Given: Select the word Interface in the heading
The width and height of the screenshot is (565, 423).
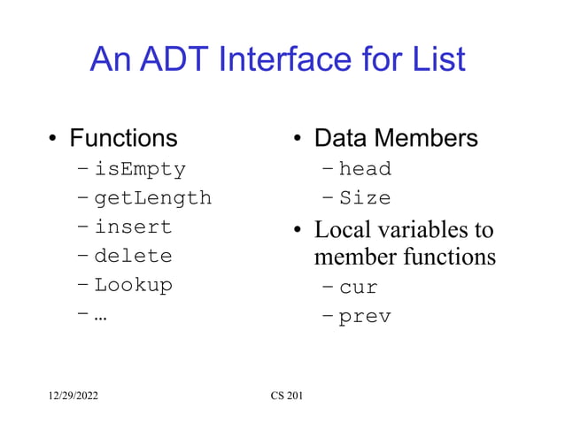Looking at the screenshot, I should click(x=304, y=59).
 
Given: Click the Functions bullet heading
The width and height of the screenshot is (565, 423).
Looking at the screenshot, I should click(x=123, y=138).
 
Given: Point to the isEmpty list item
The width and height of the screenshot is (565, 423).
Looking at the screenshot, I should click(x=140, y=168).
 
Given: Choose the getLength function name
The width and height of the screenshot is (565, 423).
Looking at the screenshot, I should click(x=152, y=197).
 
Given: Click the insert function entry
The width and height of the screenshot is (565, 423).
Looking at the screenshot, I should click(x=133, y=227).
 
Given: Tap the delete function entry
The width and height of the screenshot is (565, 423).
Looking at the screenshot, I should click(x=133, y=257).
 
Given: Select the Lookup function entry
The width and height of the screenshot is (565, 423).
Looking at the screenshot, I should click(x=133, y=286).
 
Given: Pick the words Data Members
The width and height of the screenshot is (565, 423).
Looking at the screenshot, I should click(x=396, y=138).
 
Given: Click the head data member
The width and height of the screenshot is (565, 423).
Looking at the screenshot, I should click(x=365, y=168).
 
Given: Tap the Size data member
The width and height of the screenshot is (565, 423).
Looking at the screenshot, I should click(x=365, y=197).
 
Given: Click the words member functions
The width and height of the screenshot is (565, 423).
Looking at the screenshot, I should click(x=405, y=258).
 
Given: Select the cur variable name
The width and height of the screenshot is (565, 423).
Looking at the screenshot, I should click(x=359, y=287).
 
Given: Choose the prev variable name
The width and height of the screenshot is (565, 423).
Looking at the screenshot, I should click(x=365, y=316).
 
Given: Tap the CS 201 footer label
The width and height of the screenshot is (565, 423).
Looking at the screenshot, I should click(x=286, y=395).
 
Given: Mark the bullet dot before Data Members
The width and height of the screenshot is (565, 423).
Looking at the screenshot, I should click(x=298, y=140).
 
